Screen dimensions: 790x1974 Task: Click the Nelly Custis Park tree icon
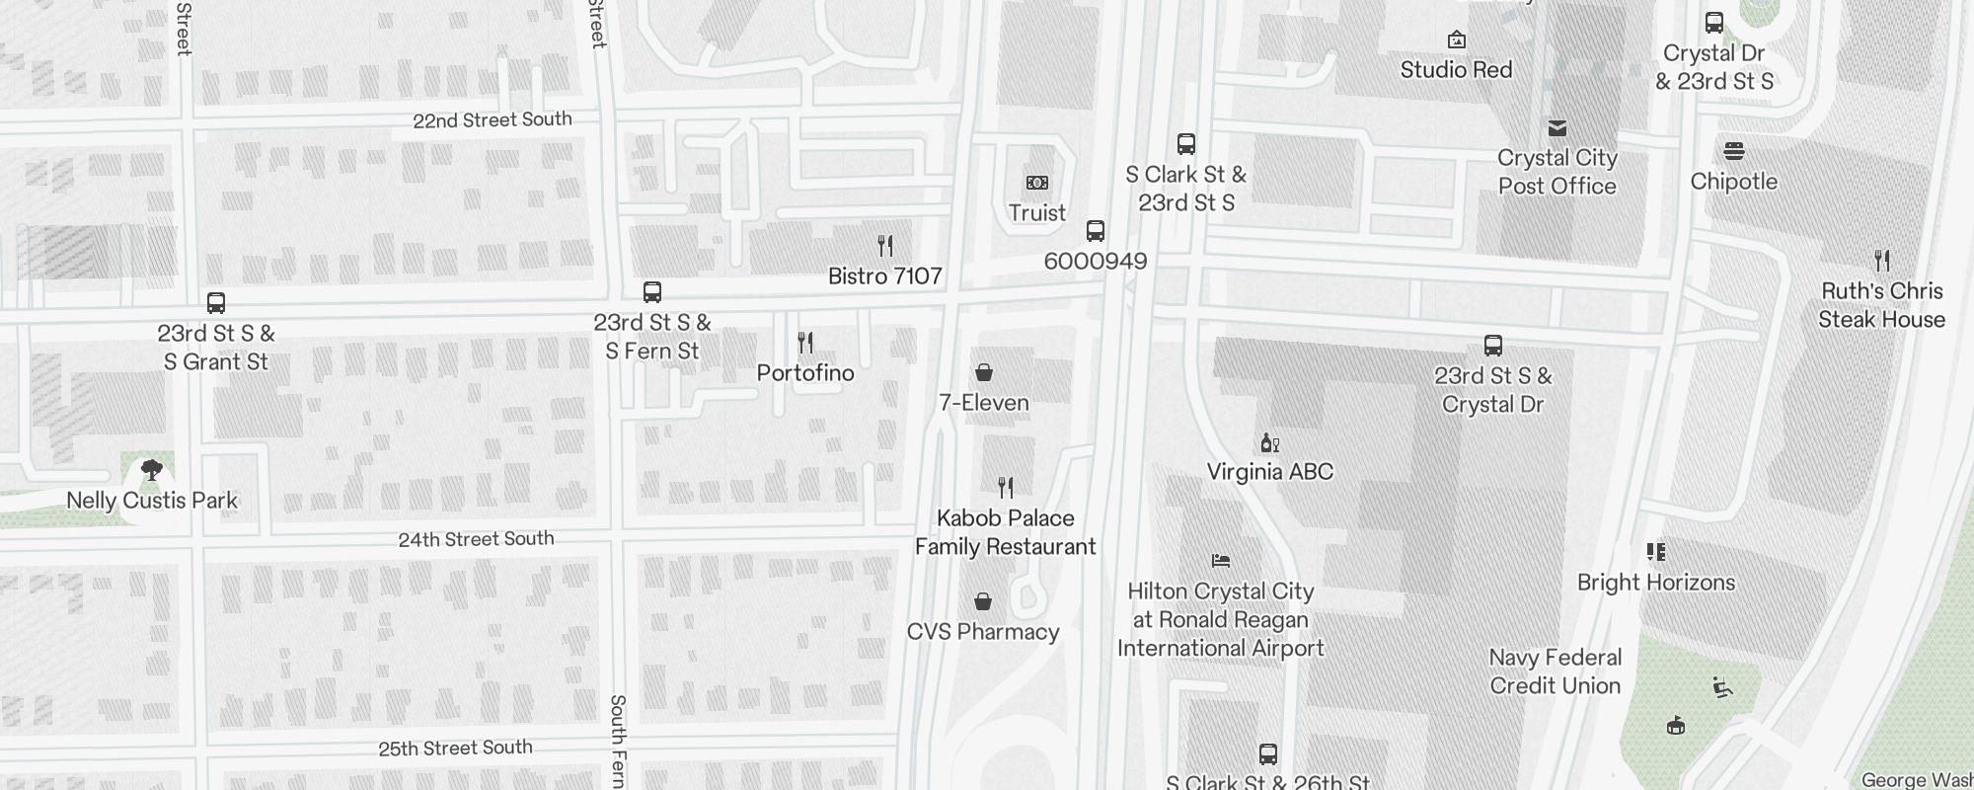click(151, 470)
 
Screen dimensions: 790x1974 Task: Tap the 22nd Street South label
click(492, 119)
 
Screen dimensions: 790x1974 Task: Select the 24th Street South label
click(476, 539)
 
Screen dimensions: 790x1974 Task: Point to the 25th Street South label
click(455, 748)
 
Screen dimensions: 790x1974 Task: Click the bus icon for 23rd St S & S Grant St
click(216, 303)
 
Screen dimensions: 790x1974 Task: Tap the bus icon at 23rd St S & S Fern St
click(651, 292)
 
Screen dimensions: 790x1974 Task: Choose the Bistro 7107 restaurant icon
click(885, 246)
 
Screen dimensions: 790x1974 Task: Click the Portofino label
click(805, 373)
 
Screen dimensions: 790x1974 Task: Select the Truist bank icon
click(1036, 183)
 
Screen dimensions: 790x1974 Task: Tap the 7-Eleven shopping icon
click(983, 372)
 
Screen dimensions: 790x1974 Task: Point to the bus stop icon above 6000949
click(1095, 231)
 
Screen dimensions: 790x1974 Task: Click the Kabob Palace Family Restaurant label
click(1005, 532)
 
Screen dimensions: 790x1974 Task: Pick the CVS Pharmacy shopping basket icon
click(982, 601)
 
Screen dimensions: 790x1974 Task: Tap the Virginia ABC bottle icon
click(1269, 442)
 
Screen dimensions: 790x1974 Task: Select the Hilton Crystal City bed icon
click(1221, 561)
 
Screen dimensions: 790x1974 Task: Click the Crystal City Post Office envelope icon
click(1556, 128)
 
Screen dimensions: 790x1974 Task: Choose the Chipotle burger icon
click(1733, 151)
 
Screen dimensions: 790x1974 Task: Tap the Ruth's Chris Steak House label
click(1881, 305)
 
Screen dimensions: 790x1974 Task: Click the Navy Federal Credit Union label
click(1556, 671)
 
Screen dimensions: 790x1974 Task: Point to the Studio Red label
click(1456, 70)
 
